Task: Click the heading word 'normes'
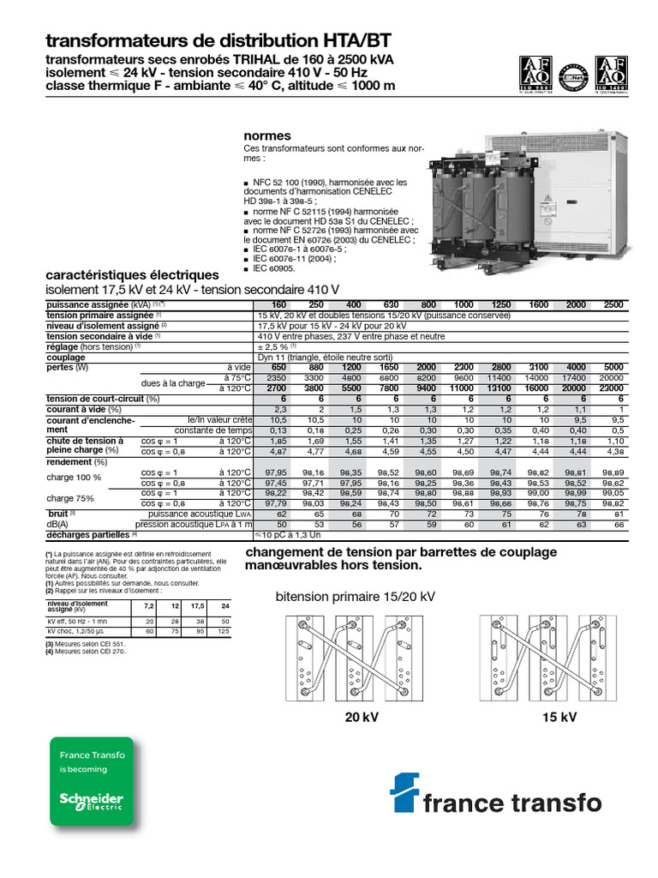coord(267,136)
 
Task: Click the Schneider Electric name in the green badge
coord(91,800)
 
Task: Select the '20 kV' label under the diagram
coord(361,717)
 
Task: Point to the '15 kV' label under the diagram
coord(559,717)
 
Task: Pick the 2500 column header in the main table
coord(613,305)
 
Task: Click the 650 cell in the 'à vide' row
coord(278,367)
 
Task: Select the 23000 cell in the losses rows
coord(612,388)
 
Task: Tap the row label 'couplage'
coord(66,357)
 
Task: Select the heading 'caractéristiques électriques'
coord(132,275)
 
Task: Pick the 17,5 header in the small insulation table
coord(196,606)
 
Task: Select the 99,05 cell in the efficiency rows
coord(612,493)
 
